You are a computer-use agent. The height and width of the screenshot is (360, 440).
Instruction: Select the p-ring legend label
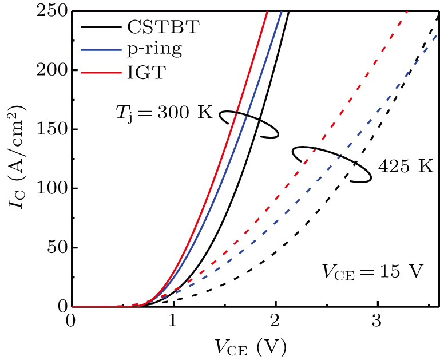[x=152, y=49]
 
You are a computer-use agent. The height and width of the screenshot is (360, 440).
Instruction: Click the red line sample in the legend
[x=99, y=72]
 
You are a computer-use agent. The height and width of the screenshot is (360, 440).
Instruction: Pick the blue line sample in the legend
[x=99, y=50]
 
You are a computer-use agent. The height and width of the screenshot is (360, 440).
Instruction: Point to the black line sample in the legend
[x=99, y=28]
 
